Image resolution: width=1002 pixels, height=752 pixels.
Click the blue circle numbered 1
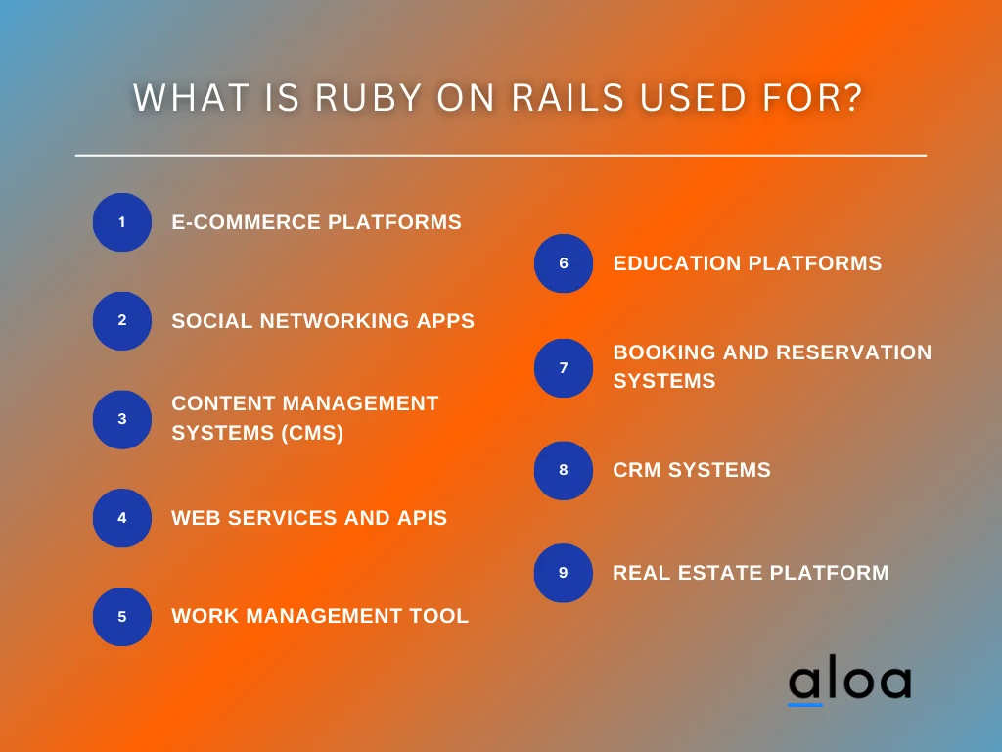click(122, 222)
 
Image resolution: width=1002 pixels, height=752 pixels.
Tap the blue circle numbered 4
click(122, 518)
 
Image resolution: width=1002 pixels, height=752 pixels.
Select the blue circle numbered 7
click(564, 368)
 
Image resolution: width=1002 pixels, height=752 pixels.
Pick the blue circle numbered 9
click(564, 573)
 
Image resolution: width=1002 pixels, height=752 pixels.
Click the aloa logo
click(849, 682)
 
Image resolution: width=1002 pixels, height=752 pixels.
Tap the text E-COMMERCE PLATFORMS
click(316, 222)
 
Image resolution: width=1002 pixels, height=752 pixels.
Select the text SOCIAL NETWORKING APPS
click(323, 321)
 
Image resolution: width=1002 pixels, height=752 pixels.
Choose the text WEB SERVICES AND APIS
click(309, 518)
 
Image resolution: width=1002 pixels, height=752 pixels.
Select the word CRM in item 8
click(637, 470)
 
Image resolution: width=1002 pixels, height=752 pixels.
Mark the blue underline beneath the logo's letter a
click(805, 703)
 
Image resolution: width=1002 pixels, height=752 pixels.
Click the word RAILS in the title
click(568, 98)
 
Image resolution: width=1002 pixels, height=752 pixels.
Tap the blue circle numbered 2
click(122, 321)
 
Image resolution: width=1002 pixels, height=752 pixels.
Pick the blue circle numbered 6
click(564, 263)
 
